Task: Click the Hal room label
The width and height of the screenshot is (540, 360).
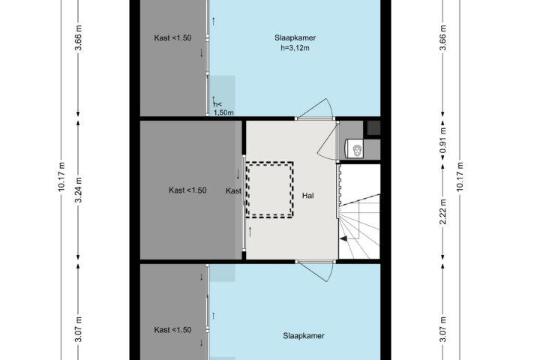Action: coord(308,196)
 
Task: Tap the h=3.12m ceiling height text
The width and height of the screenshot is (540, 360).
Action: coord(295,48)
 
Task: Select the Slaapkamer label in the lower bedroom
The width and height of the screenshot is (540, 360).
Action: coord(304,336)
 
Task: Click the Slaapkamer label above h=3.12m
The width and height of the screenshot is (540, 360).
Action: coord(295,38)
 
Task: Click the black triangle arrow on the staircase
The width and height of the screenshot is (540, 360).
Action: coord(343,238)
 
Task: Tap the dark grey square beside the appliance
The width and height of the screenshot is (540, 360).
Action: coord(373,127)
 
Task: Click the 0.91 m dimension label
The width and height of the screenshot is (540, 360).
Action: coord(443,140)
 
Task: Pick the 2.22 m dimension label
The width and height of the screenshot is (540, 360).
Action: coord(443,211)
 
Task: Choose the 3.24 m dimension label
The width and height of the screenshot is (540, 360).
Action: coord(79,190)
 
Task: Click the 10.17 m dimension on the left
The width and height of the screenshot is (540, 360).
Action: coord(61,176)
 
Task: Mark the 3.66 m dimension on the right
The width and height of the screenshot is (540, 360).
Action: coord(443,38)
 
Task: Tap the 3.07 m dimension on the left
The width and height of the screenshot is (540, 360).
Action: coord(79,330)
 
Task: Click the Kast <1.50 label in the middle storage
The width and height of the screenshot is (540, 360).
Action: coord(187,190)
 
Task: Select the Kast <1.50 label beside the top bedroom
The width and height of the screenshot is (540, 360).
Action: coord(173,38)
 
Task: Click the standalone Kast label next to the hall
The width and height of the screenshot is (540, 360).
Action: coord(233,190)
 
